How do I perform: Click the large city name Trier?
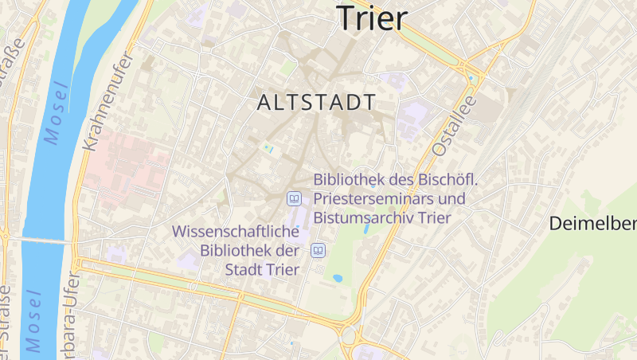[372, 18]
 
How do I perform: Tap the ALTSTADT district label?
[317, 103]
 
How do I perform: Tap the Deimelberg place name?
[592, 224]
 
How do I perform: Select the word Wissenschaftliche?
[236, 232]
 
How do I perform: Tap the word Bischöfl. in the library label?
[447, 179]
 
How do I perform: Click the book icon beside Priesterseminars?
[294, 198]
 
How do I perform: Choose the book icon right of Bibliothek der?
[318, 251]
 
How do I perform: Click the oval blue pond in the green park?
[338, 279]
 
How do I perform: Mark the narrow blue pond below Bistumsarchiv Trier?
[366, 229]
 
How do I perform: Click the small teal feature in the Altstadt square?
[268, 147]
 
